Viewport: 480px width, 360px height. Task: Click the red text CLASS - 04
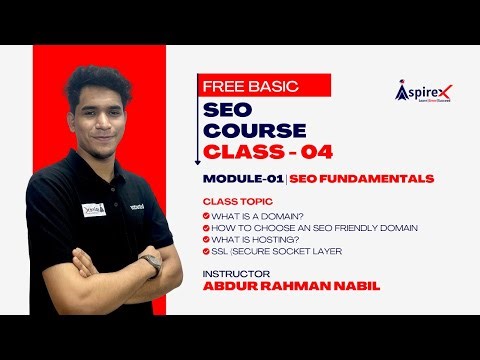coord(268,152)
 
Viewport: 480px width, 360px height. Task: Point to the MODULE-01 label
coord(236,179)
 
